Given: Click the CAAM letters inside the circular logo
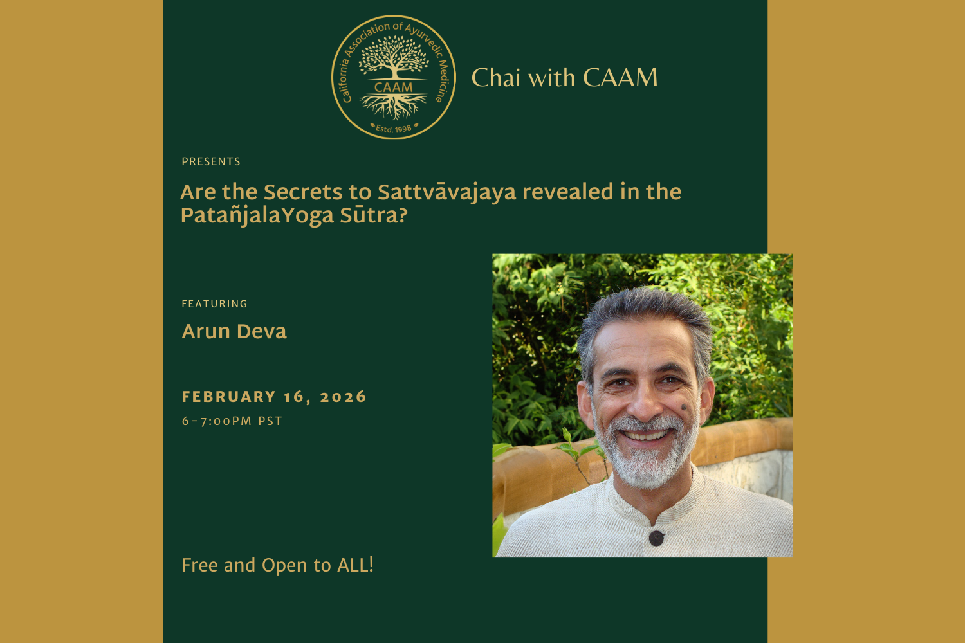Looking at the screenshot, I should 393,87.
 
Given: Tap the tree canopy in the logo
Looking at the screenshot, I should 393,55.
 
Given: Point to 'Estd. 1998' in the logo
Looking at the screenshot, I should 394,129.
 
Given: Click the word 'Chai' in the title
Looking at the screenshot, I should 495,78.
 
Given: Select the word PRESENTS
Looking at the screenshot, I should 211,161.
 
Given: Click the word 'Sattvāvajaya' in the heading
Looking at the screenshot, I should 446,192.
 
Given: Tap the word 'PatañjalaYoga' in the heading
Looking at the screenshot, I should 257,215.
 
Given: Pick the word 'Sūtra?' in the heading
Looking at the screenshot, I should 374,215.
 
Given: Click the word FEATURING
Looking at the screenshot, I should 214,303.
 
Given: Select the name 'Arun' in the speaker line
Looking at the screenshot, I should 206,331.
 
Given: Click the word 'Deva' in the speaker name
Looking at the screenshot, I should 261,331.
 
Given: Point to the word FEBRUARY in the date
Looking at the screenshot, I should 229,397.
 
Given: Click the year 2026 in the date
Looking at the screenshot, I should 343,397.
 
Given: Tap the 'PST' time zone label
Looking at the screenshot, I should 270,421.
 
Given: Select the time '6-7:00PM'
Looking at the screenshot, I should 217,421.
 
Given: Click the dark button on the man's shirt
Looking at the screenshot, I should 656,538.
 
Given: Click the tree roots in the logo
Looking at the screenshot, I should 393,106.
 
